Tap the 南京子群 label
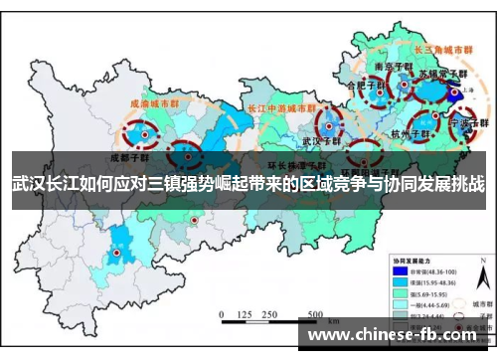389,66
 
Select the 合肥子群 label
362,87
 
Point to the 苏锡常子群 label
440,75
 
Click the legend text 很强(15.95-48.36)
427,282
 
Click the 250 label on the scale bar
266,314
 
